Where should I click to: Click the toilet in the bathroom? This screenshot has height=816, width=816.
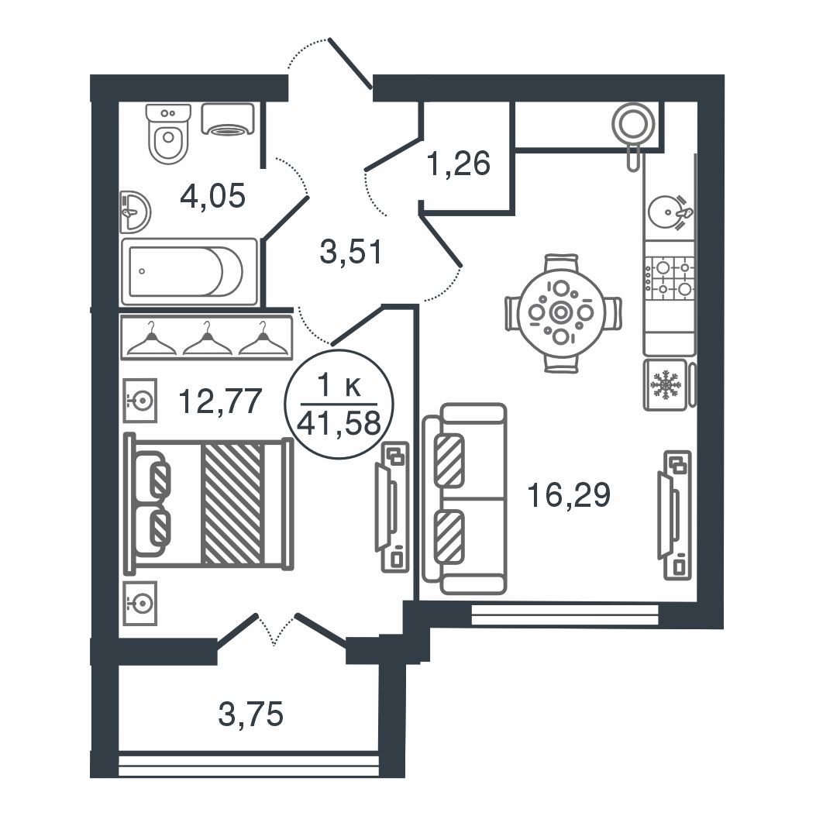coord(168,133)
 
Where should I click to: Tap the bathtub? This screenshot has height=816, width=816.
coord(189,271)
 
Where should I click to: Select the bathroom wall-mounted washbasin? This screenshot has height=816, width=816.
coord(135,212)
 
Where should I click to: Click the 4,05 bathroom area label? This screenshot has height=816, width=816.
coord(212,197)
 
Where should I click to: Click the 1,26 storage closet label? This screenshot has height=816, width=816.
coord(458,163)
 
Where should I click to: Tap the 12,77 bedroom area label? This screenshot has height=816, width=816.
coord(219,401)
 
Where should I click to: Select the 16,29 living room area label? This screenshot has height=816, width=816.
coord(568,494)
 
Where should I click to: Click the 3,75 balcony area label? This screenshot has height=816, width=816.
coord(251,714)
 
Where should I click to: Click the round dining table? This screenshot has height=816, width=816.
coord(561,312)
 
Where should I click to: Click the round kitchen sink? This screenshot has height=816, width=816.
coord(666,212)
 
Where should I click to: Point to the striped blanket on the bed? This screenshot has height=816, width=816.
coord(232,503)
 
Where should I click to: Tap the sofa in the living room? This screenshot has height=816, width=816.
coord(465,498)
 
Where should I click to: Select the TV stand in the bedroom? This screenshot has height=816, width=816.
coord(393,507)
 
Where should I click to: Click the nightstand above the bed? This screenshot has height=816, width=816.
coord(139,400)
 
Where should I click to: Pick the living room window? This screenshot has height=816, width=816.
coord(565,614)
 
